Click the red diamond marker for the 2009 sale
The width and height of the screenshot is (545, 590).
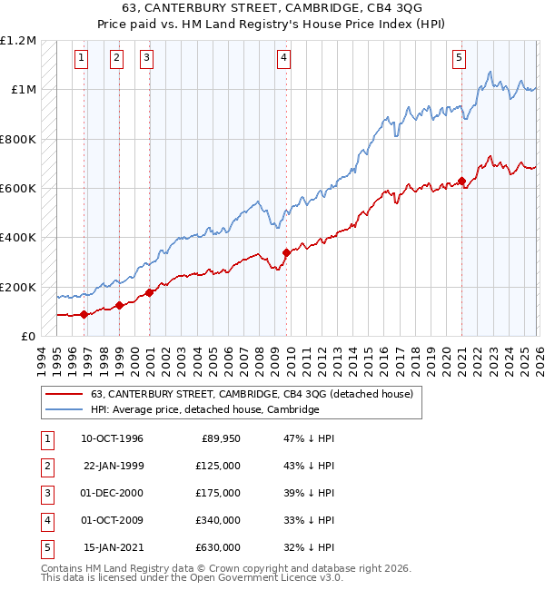click(286, 252)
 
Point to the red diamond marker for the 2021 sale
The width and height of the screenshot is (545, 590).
click(461, 181)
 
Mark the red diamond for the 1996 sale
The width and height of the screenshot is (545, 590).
click(84, 314)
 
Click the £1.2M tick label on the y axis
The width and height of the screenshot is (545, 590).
click(18, 41)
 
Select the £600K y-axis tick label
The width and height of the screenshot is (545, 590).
click(18, 189)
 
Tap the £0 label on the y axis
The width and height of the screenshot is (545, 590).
click(27, 336)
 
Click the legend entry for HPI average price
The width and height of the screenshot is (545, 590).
click(204, 409)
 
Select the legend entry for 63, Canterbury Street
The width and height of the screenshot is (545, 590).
click(252, 394)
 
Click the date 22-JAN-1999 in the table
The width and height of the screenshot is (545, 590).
click(113, 466)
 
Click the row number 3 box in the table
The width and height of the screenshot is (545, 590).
click(45, 493)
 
